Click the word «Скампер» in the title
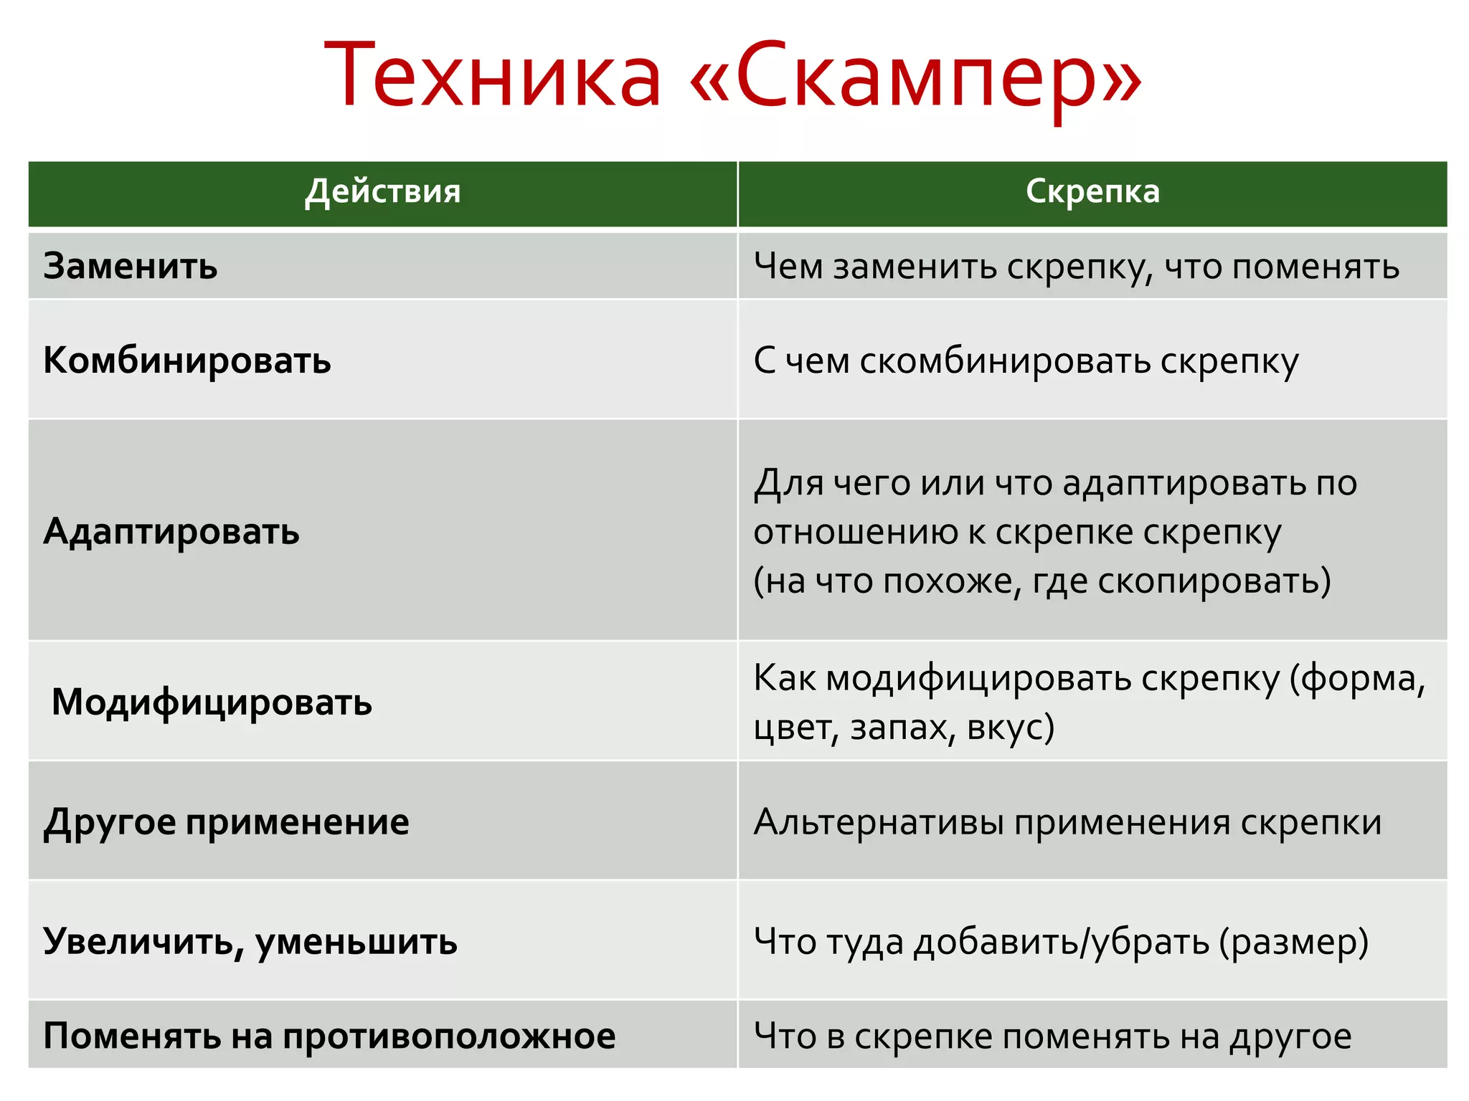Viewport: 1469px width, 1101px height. coord(915,76)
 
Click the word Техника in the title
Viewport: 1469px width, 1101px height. coord(493,76)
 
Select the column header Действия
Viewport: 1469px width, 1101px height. coord(382,192)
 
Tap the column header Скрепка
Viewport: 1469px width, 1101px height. coord(1092,192)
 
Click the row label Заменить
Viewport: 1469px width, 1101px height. coord(131,267)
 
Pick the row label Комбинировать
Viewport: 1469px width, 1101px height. coord(187,361)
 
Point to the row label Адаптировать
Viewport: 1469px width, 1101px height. coord(171,532)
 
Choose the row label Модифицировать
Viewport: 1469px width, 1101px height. coord(212,702)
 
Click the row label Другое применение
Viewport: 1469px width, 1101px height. coord(226,821)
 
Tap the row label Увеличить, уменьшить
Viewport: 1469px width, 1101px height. coord(250,941)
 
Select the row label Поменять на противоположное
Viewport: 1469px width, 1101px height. coord(329,1036)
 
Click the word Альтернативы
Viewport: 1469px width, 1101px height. coord(879,822)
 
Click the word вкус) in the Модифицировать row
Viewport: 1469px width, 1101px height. coord(1011,728)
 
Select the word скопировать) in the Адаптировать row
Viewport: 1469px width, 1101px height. coord(1214,581)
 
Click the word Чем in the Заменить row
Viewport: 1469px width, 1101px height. coord(788,267)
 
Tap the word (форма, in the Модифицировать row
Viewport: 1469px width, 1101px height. coord(1358,679)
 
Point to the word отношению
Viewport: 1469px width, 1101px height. coord(854,533)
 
